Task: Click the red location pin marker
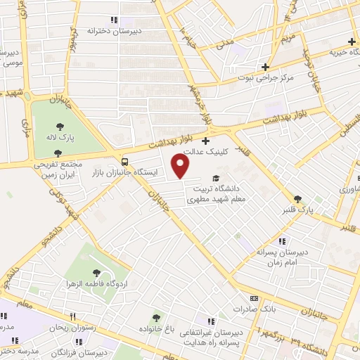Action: point(181,166)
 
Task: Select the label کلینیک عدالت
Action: point(203,151)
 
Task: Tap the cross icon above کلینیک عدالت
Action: point(205,141)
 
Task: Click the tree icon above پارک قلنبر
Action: point(297,199)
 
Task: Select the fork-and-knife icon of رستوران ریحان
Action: point(72,316)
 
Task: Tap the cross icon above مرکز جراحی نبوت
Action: point(266,67)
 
